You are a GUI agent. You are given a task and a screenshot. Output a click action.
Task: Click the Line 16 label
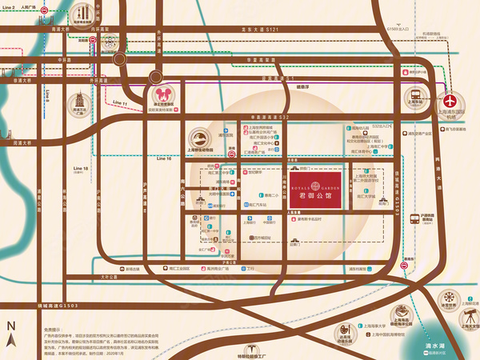coord(164,159)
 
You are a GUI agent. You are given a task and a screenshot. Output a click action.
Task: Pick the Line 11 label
coord(120,104)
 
